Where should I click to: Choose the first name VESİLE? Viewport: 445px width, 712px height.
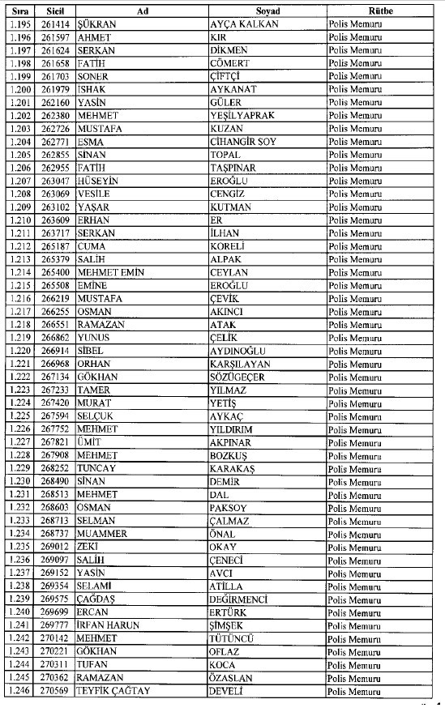tap(93, 194)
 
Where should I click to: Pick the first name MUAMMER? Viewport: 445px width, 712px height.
tap(102, 534)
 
